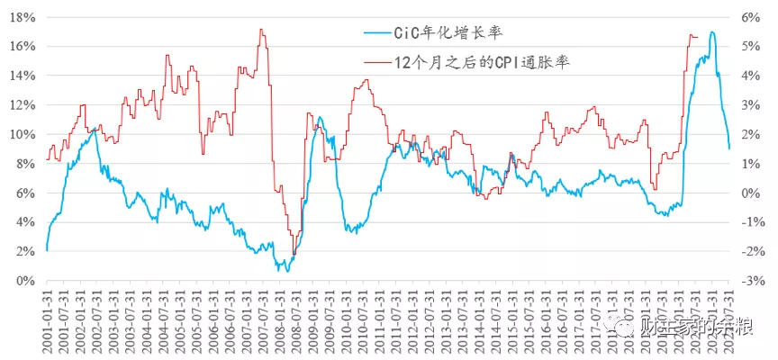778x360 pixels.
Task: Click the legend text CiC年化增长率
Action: [x=447, y=32]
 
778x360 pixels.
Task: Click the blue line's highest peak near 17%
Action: [x=712, y=32]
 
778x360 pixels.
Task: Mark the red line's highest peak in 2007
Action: [x=261, y=30]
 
